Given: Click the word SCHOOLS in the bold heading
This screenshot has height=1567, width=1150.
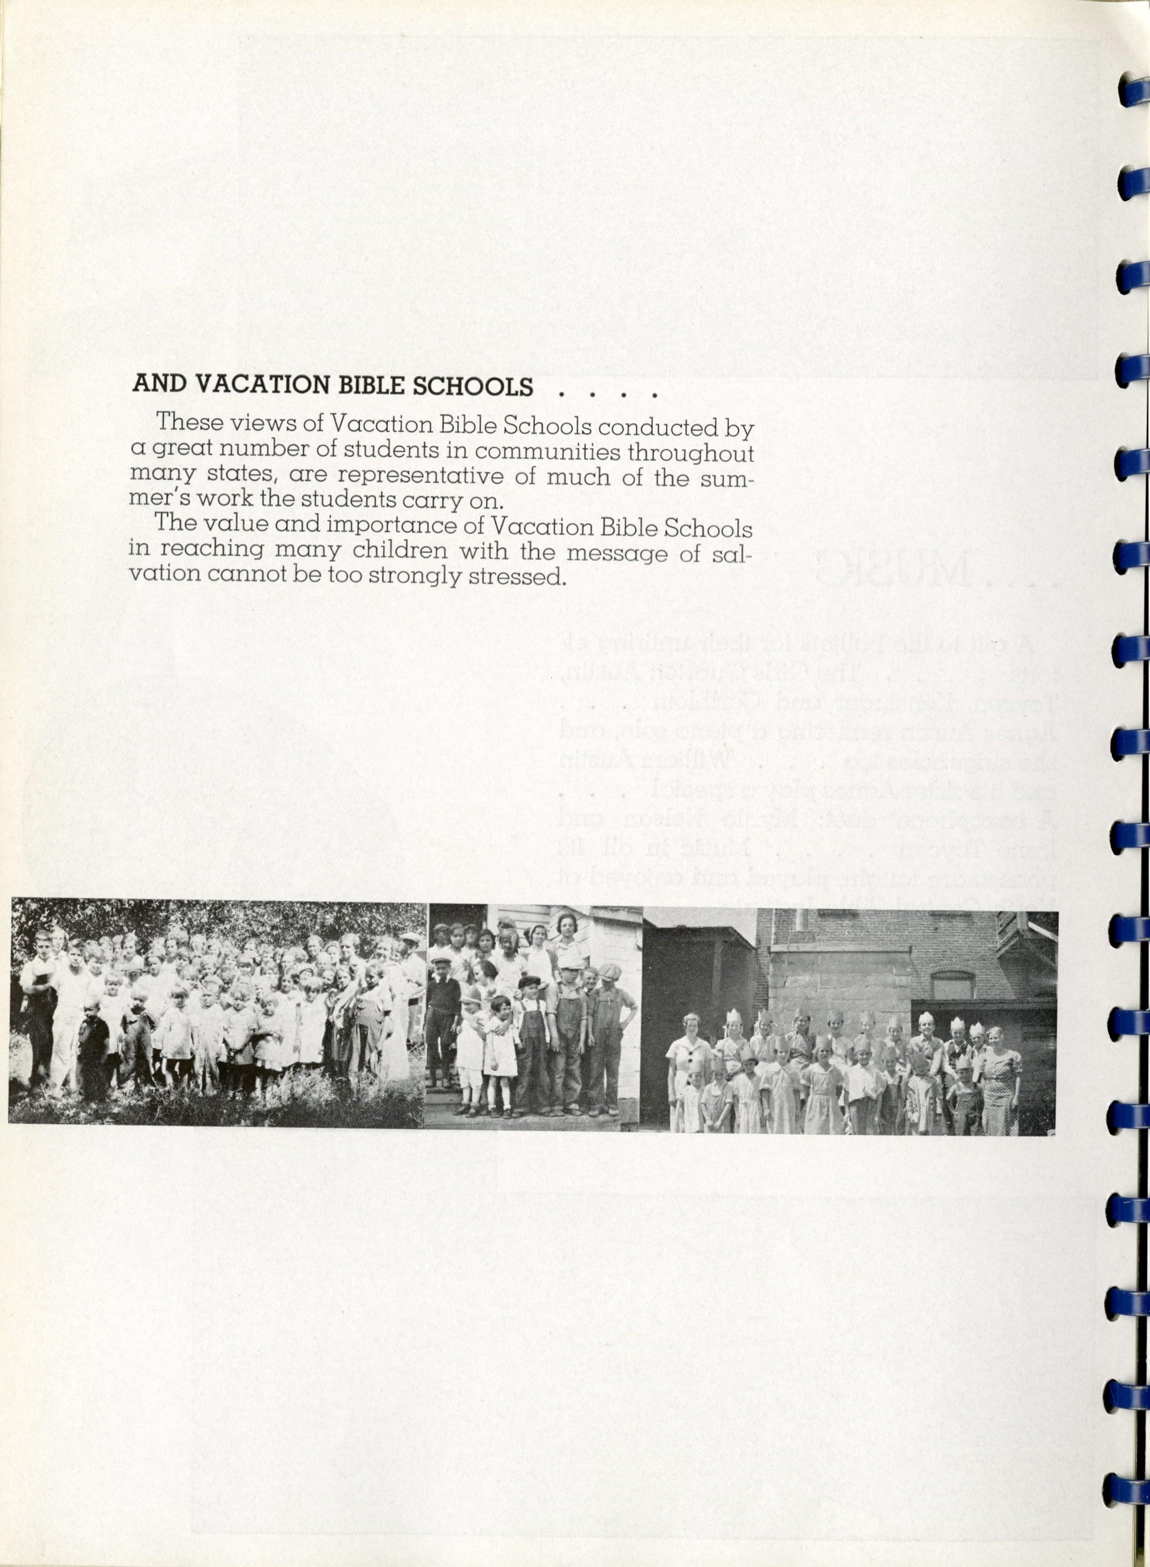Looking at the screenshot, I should pyautogui.click(x=473, y=386).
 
